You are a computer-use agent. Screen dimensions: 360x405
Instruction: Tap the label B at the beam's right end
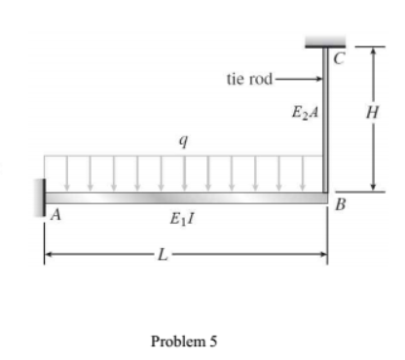click(x=339, y=205)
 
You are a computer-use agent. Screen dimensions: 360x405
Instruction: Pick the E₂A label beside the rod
click(x=304, y=114)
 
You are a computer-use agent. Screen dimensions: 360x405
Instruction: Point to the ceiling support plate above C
click(x=325, y=41)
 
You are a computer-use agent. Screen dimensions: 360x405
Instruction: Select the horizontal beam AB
click(x=185, y=198)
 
